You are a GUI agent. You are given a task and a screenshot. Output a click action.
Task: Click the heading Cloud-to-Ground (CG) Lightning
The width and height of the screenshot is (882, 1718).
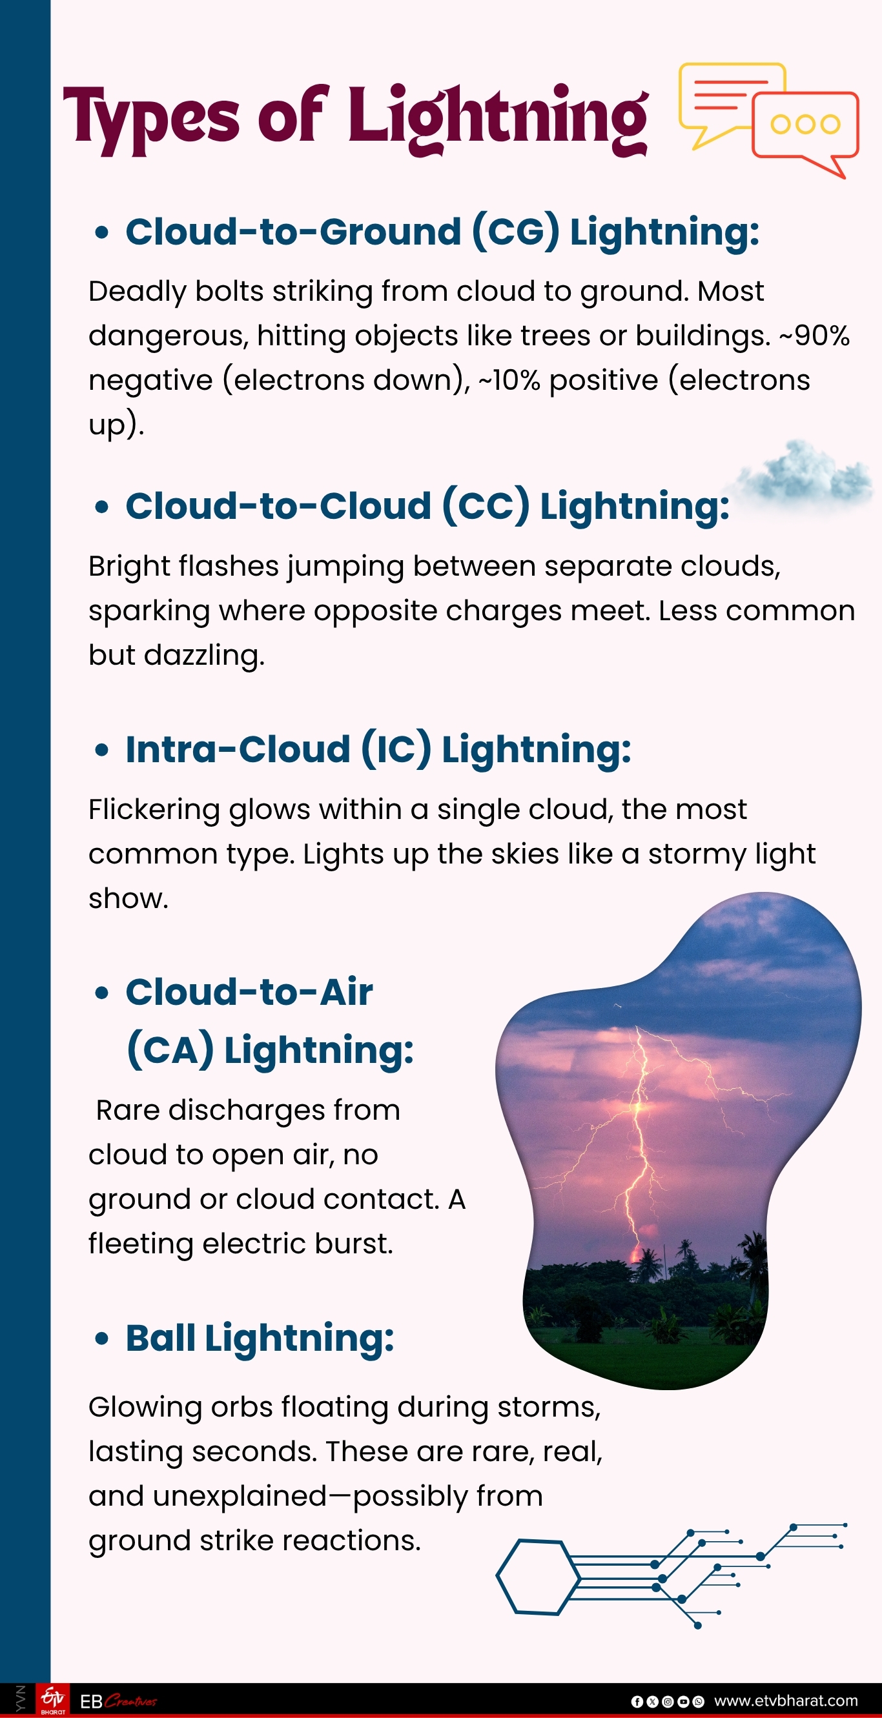442,232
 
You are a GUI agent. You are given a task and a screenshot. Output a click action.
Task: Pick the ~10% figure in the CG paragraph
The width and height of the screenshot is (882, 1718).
509,380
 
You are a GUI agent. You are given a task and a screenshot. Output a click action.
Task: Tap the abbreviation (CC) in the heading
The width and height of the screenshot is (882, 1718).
485,505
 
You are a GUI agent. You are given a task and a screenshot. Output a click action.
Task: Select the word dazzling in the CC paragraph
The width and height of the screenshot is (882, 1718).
205,655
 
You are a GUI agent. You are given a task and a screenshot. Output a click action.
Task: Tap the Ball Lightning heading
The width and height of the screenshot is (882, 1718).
260,1339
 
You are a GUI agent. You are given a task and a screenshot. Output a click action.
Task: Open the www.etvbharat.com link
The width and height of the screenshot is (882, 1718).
785,1701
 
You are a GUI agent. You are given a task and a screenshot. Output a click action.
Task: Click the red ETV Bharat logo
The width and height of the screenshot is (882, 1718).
53,1699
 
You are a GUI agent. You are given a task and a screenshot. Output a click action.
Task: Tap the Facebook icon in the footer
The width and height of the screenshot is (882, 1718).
637,1701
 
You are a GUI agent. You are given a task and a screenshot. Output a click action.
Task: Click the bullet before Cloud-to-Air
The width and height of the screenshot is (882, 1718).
101,993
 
